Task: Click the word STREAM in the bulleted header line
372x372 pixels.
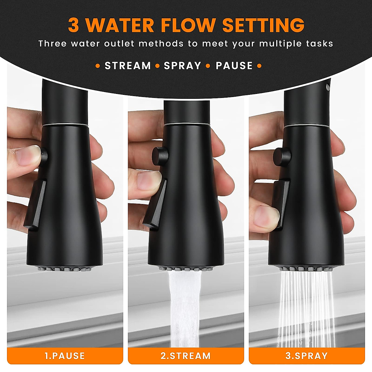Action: pyautogui.click(x=128, y=66)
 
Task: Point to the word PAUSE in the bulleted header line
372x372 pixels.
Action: pyautogui.click(x=234, y=66)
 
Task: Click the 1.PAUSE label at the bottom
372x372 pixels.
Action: pyautogui.click(x=65, y=356)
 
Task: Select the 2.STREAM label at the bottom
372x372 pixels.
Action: pyautogui.click(x=186, y=356)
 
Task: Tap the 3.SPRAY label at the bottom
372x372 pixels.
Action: pyautogui.click(x=307, y=356)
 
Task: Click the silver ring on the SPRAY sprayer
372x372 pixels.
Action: pyautogui.click(x=307, y=125)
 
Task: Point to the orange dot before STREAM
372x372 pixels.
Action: pyautogui.click(x=98, y=66)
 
